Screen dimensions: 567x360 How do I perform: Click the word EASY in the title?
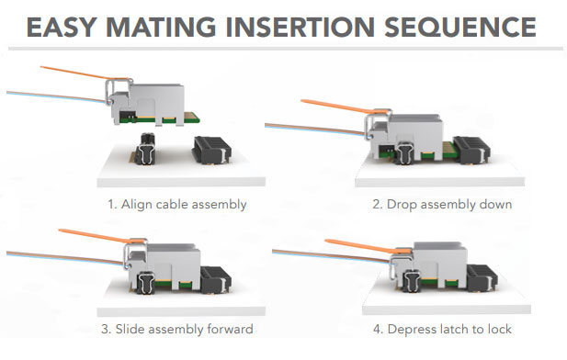tap(62, 27)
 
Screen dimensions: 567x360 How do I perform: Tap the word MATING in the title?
tap(161, 27)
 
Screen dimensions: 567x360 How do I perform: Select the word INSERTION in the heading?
tap(300, 27)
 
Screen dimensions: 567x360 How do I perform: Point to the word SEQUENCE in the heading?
tap(460, 27)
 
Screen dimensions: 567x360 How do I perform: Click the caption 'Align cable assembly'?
tap(184, 205)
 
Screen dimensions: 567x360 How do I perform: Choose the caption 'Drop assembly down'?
tap(449, 205)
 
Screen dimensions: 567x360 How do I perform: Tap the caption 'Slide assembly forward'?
tap(184, 330)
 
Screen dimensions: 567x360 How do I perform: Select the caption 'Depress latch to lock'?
tap(449, 330)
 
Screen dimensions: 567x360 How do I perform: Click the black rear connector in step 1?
tap(213, 151)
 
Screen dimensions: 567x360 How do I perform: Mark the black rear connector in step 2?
tap(472, 150)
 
